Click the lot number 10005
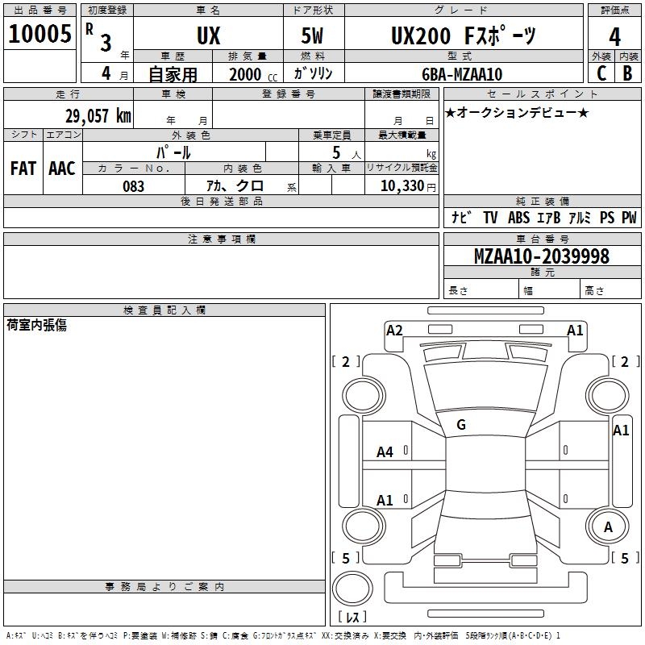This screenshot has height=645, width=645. coord(40,35)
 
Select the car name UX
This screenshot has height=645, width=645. coord(208,36)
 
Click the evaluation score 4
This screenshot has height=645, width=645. coord(615,37)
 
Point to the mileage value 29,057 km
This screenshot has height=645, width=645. coord(98,115)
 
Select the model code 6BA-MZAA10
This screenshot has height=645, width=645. coord(462,74)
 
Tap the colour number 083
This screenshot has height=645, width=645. coord(134,186)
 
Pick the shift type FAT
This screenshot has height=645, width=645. coord(23,168)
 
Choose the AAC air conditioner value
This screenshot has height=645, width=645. coord(62,168)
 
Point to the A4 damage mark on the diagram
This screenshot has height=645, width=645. coord(385,452)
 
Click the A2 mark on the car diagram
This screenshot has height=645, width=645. coord(394,330)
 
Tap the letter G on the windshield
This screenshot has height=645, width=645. coord(461,425)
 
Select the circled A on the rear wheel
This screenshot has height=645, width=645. coord(608,527)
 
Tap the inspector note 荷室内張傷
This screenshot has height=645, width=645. coord(36,325)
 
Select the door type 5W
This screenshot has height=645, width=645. coord(314,36)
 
